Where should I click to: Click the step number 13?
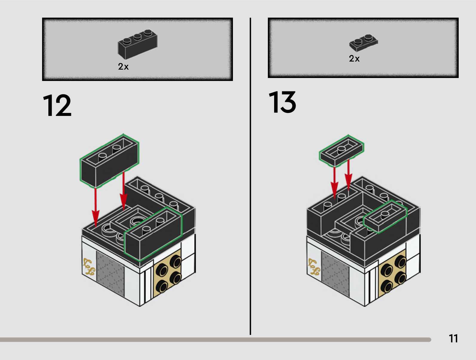tap(282, 102)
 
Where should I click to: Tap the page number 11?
tap(453, 338)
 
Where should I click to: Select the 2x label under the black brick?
tap(123, 66)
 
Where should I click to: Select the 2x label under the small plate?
tap(354, 59)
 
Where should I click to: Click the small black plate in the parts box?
tap(363, 43)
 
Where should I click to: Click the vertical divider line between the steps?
tap(250, 176)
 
